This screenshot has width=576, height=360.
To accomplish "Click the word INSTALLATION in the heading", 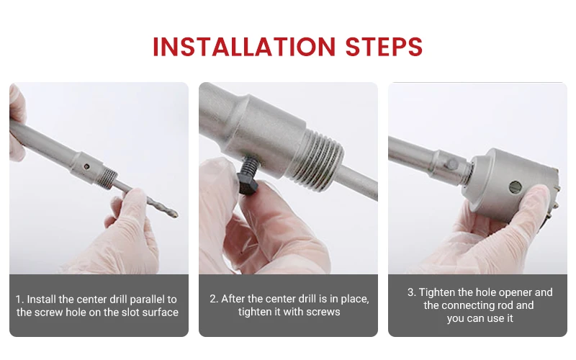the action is (x=244, y=47).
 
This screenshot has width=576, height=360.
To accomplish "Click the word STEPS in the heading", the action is (x=384, y=47).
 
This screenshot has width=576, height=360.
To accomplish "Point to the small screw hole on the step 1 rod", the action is (x=86, y=166).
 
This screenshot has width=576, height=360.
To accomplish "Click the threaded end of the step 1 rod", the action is (x=109, y=178).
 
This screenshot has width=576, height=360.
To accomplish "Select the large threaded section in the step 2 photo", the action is (x=319, y=160).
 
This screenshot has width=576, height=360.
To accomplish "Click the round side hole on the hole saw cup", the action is (x=516, y=187).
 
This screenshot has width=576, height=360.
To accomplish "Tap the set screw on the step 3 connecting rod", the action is (x=452, y=164).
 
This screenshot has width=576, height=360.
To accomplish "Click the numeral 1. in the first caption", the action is (x=19, y=300).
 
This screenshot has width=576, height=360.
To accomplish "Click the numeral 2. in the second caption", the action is (x=214, y=299).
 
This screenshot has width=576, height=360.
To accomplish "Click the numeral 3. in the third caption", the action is (x=411, y=292).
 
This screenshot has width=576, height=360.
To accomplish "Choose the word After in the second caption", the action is (x=233, y=299).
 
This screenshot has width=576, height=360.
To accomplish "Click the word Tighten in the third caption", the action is (x=437, y=293).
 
